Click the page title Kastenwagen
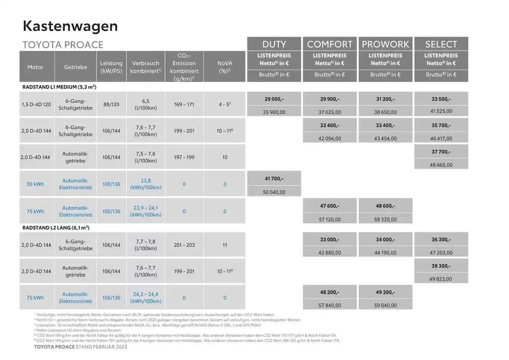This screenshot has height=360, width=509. (70, 26)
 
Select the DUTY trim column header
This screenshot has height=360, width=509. (274, 44)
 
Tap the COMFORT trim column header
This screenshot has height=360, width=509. (330, 44)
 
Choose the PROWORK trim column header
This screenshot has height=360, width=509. (385, 44)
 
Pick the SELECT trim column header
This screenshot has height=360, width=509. (441, 44)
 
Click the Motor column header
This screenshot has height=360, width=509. (35, 67)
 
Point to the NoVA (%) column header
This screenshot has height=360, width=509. (225, 67)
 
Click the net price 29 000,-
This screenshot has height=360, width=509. (274, 99)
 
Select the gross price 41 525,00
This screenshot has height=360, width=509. (441, 111)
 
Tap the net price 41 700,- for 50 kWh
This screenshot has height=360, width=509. (274, 178)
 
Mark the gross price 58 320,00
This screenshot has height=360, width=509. (385, 219)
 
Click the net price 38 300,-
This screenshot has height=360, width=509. (441, 267)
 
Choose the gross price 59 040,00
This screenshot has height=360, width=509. (385, 305)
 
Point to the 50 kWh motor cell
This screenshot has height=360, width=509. (35, 184)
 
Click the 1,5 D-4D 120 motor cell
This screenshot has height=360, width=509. (37, 104)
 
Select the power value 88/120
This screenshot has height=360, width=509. (112, 104)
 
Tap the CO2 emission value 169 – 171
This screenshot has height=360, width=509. (184, 104)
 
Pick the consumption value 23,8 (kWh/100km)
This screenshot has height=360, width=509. (146, 184)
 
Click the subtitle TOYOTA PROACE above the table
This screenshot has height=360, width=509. (63, 45)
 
